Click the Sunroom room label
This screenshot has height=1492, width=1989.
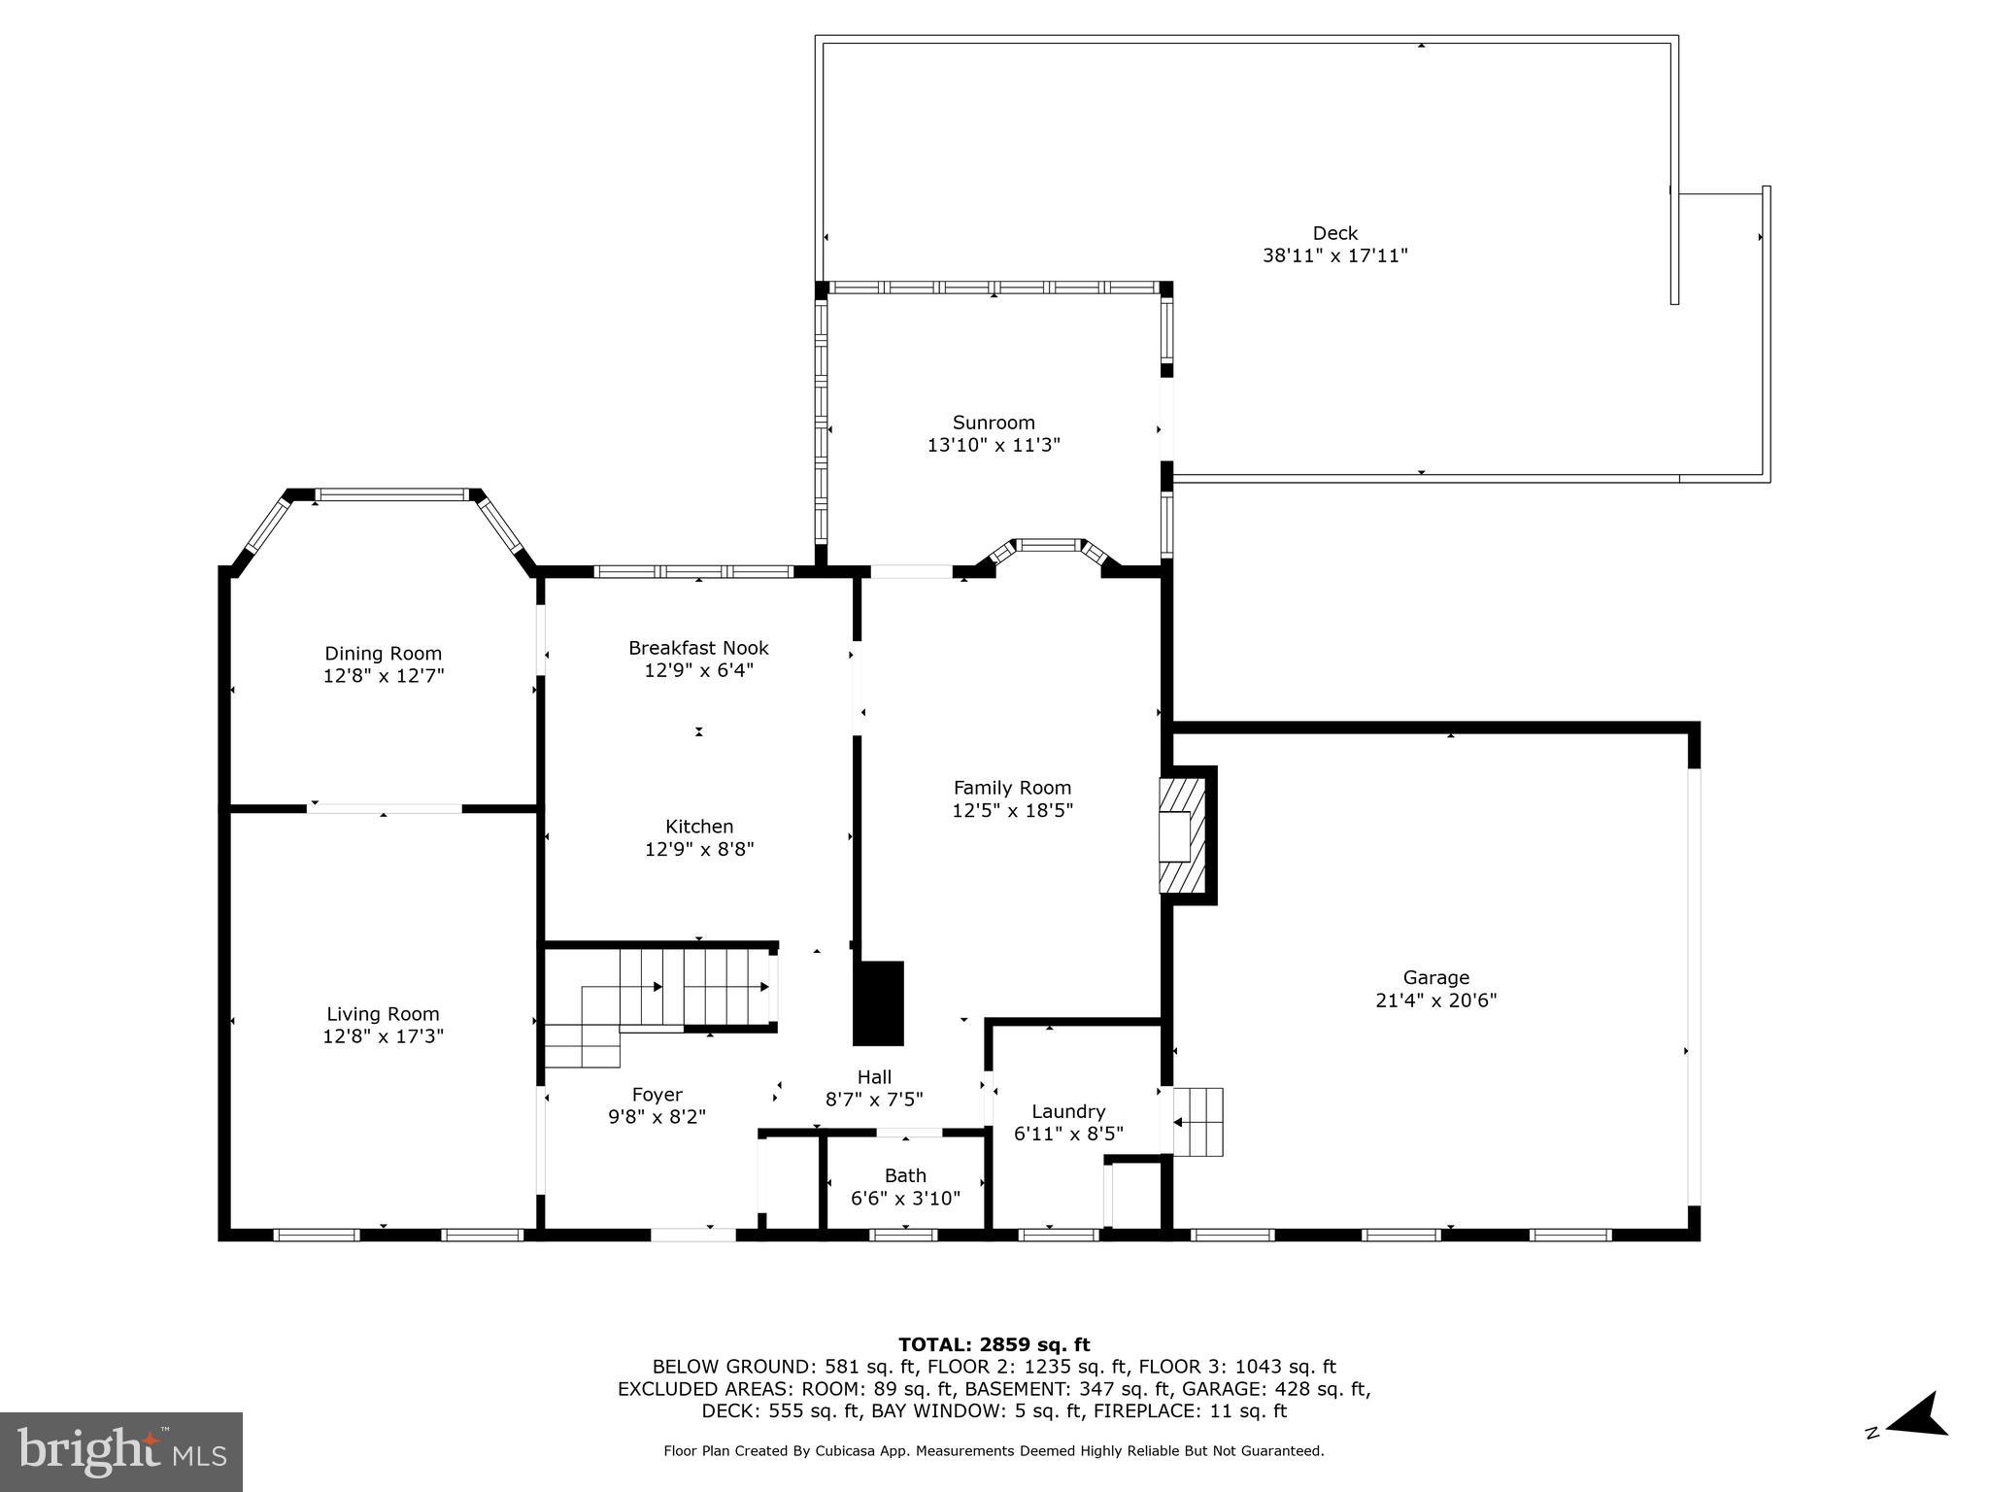click(x=993, y=423)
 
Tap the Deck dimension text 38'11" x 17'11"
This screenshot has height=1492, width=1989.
click(x=1334, y=256)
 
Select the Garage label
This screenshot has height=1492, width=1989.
click(x=1435, y=977)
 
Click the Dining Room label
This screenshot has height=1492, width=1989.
click(x=383, y=654)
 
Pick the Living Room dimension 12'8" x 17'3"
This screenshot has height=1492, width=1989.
click(x=383, y=1036)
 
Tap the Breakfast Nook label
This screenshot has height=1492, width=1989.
click(x=697, y=648)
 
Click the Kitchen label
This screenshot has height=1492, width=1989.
click(x=698, y=827)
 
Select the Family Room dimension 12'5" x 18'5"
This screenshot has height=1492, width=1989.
click(x=1012, y=810)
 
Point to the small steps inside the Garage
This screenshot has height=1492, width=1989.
click(x=1199, y=1122)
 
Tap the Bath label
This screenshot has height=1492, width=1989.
click(x=904, y=1175)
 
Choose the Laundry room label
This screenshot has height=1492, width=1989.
click(x=1067, y=1111)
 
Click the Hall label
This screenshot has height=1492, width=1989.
click(x=873, y=1076)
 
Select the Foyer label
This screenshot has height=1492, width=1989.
click(x=657, y=1095)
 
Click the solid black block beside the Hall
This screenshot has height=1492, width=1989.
click(x=879, y=1002)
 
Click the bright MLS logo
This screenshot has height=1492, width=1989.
click(x=121, y=1451)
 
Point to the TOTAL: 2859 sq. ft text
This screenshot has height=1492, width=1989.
click(x=993, y=1345)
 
